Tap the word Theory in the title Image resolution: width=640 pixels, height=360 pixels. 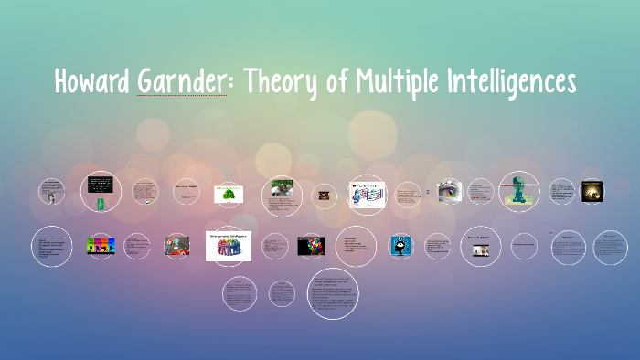tap(272, 83)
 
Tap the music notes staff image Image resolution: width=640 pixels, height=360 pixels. tap(368, 193)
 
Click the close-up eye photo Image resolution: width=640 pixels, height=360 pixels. tap(448, 191)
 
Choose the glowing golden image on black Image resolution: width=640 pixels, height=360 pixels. tap(592, 190)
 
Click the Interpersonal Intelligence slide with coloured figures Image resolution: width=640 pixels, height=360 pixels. tap(229, 245)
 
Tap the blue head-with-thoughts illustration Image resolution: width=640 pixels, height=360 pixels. tap(401, 245)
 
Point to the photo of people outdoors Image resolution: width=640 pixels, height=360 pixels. tap(281, 193)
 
